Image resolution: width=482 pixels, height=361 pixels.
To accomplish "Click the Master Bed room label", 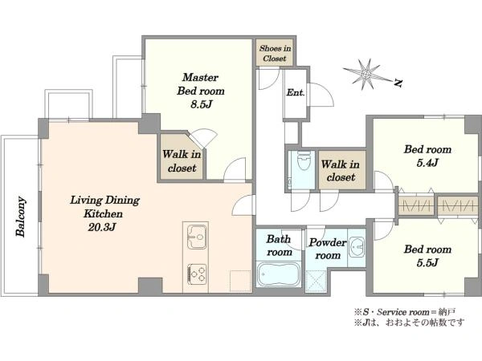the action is click(201, 84).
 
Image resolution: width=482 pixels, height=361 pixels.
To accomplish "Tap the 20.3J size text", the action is click(102, 227).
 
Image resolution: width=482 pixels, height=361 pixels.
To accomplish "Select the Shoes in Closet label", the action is click(275, 53).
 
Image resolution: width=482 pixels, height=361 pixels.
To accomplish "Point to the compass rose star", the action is click(366, 75).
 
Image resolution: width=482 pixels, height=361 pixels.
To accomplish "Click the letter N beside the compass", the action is click(398, 83).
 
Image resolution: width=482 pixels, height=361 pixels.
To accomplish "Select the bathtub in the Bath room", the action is click(279, 274).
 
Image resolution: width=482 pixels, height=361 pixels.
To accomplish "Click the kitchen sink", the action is click(197, 237).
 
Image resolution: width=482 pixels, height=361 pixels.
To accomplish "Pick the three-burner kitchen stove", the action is click(197, 274).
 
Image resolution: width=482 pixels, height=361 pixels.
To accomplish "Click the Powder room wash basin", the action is click(357, 246).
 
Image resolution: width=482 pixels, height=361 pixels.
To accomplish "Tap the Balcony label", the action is click(21, 217).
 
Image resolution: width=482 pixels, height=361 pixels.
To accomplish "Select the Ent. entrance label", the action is click(296, 92).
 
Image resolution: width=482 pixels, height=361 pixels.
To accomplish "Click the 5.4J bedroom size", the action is click(427, 163).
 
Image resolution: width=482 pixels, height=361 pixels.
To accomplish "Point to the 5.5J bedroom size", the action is click(427, 262).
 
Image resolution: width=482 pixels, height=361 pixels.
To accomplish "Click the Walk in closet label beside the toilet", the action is click(341, 171).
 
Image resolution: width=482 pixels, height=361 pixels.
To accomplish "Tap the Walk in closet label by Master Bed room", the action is click(182, 160).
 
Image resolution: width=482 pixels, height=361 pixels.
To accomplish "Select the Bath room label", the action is click(279, 245).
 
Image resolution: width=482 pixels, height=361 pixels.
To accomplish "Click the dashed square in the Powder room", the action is click(317, 281).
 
